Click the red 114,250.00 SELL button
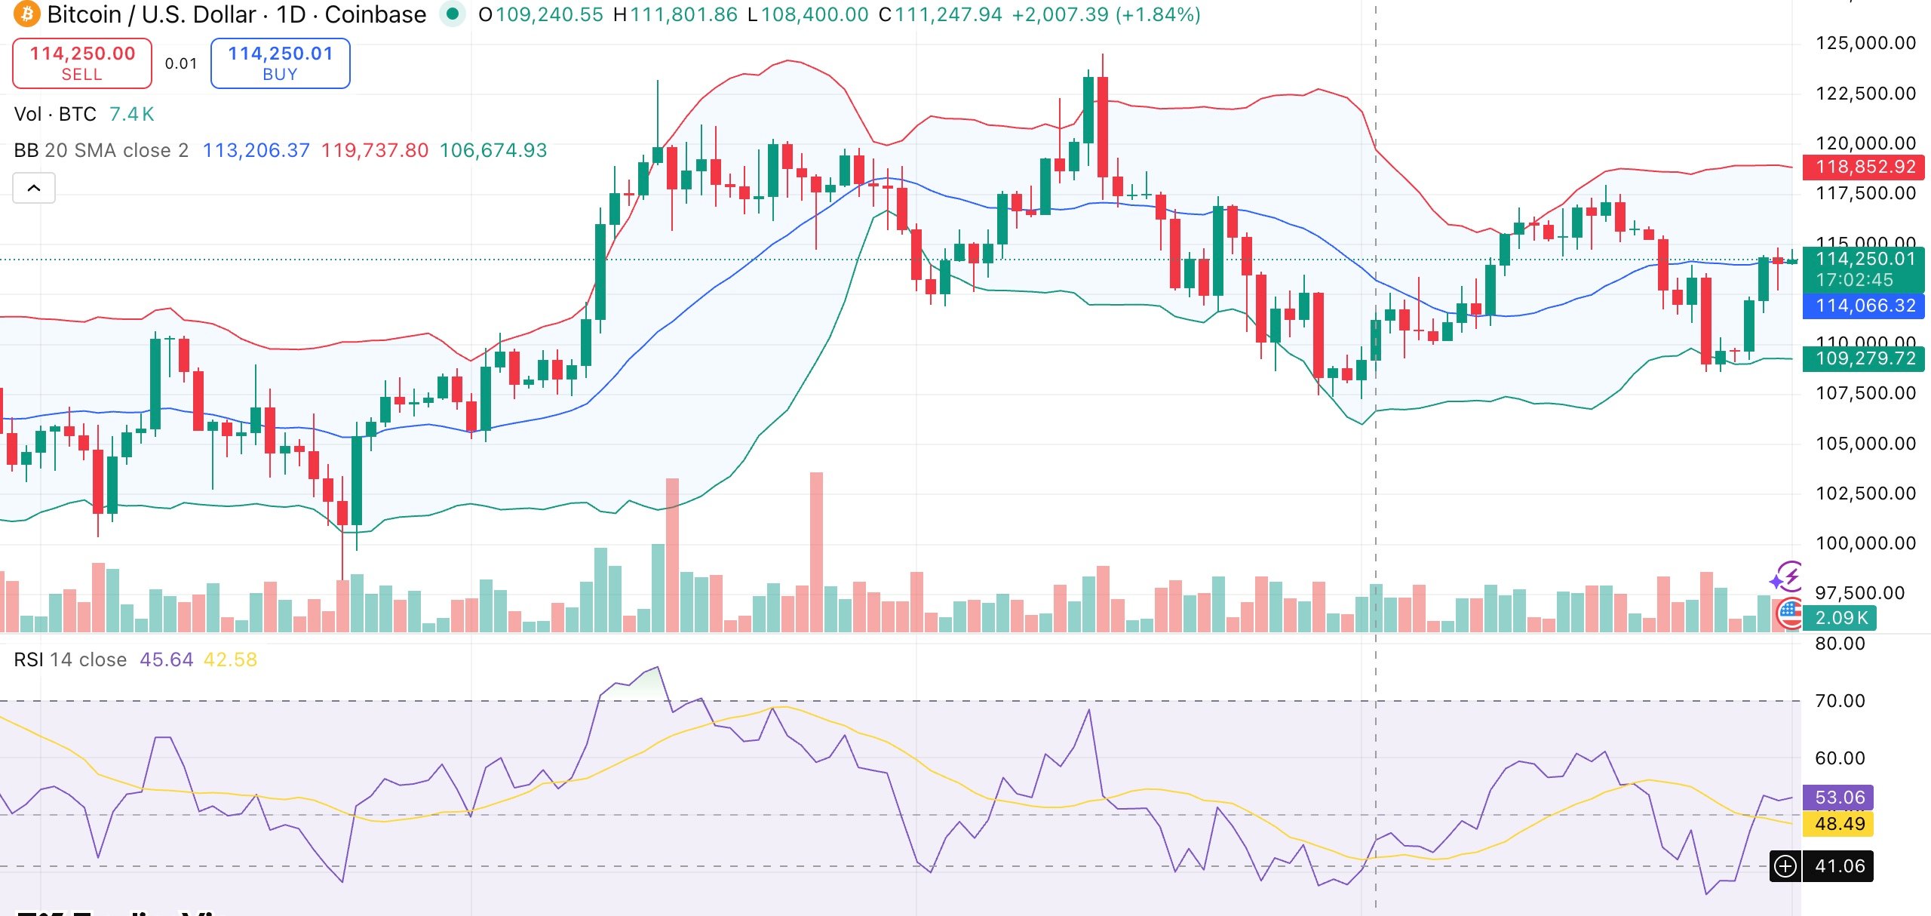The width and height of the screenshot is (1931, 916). tap(82, 63)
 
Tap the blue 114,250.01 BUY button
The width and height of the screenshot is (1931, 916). tap(280, 63)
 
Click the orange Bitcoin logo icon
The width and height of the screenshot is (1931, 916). tap(26, 14)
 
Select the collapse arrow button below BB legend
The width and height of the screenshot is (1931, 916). tap(34, 188)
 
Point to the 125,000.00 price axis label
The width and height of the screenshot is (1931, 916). tap(1865, 43)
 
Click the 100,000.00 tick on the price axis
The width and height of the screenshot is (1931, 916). tap(1865, 543)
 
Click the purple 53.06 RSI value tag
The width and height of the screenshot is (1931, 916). tap(1839, 798)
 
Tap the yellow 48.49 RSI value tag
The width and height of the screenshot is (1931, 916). tap(1839, 824)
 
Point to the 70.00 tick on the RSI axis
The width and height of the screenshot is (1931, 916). tap(1840, 701)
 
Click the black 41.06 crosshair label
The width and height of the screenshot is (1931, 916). tap(1839, 866)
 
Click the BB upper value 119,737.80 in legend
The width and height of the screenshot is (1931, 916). tap(375, 150)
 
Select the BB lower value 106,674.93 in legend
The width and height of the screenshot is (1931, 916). tap(493, 150)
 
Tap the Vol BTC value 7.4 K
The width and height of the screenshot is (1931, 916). tap(132, 114)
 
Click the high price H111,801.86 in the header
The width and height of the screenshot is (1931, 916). tap(676, 14)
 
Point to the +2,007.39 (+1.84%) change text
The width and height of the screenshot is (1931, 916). tap(1106, 14)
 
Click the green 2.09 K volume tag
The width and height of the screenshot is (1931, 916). tap(1841, 618)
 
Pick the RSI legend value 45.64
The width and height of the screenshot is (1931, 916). tap(166, 659)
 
